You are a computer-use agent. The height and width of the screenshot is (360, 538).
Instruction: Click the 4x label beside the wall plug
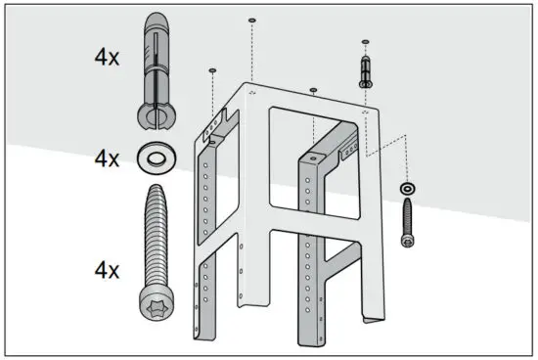[x=108, y=57]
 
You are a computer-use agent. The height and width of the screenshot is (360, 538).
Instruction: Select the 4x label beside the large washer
[x=108, y=157]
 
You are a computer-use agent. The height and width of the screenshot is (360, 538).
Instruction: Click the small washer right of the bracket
[x=406, y=187]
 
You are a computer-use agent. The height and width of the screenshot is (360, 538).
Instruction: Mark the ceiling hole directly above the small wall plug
[x=365, y=42]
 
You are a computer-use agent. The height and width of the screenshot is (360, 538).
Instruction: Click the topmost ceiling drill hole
[x=252, y=20]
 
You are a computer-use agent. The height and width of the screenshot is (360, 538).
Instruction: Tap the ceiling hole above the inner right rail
[x=313, y=90]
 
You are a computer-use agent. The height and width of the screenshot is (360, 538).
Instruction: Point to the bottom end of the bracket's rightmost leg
[x=370, y=318]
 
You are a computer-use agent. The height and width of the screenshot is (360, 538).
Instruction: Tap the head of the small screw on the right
[x=406, y=241]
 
